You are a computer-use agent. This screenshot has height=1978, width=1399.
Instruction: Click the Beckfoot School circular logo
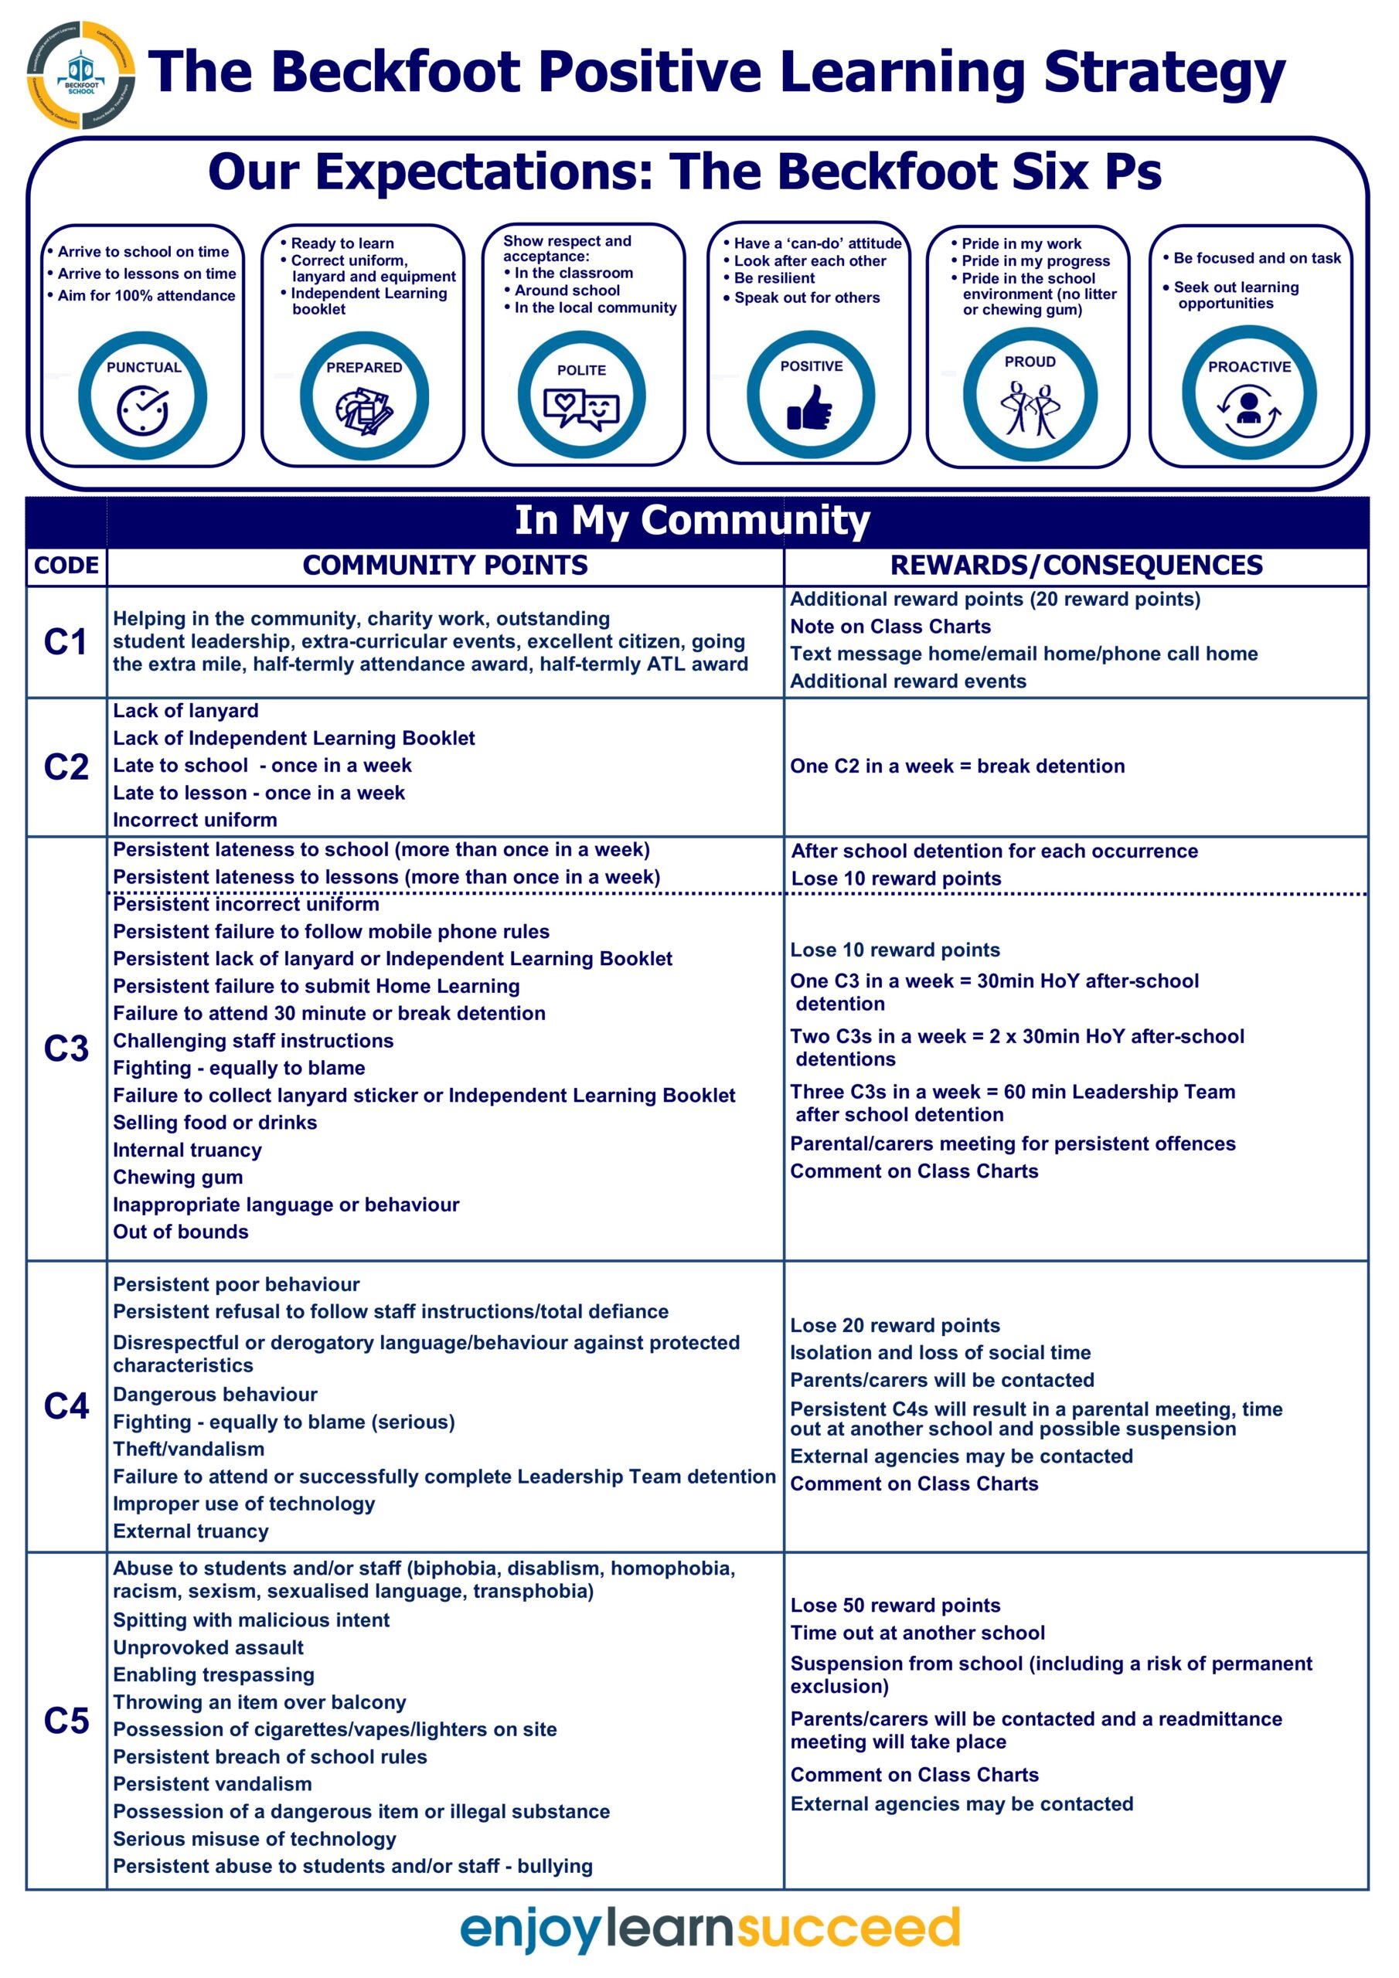click(81, 75)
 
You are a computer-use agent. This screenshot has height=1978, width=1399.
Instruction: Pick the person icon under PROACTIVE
click(1248, 405)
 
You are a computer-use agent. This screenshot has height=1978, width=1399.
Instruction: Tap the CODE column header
click(66, 566)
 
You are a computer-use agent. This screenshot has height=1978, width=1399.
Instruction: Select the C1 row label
click(66, 642)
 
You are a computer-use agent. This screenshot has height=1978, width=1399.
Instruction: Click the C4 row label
click(66, 1406)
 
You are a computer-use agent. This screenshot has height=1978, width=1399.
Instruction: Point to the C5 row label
click(66, 1721)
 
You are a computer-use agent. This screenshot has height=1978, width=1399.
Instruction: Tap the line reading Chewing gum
click(178, 1177)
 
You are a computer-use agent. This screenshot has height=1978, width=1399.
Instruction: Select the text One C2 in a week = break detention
click(957, 766)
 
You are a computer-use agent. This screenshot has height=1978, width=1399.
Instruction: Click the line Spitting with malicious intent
click(251, 1619)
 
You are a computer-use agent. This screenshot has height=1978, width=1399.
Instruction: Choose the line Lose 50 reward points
click(895, 1605)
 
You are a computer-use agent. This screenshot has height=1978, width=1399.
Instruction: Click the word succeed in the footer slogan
click(848, 1928)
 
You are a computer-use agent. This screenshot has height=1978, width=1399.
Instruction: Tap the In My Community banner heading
click(693, 520)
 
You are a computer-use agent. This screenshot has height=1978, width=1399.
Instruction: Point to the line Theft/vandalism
click(189, 1449)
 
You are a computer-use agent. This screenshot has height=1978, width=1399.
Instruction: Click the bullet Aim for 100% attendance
click(145, 295)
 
